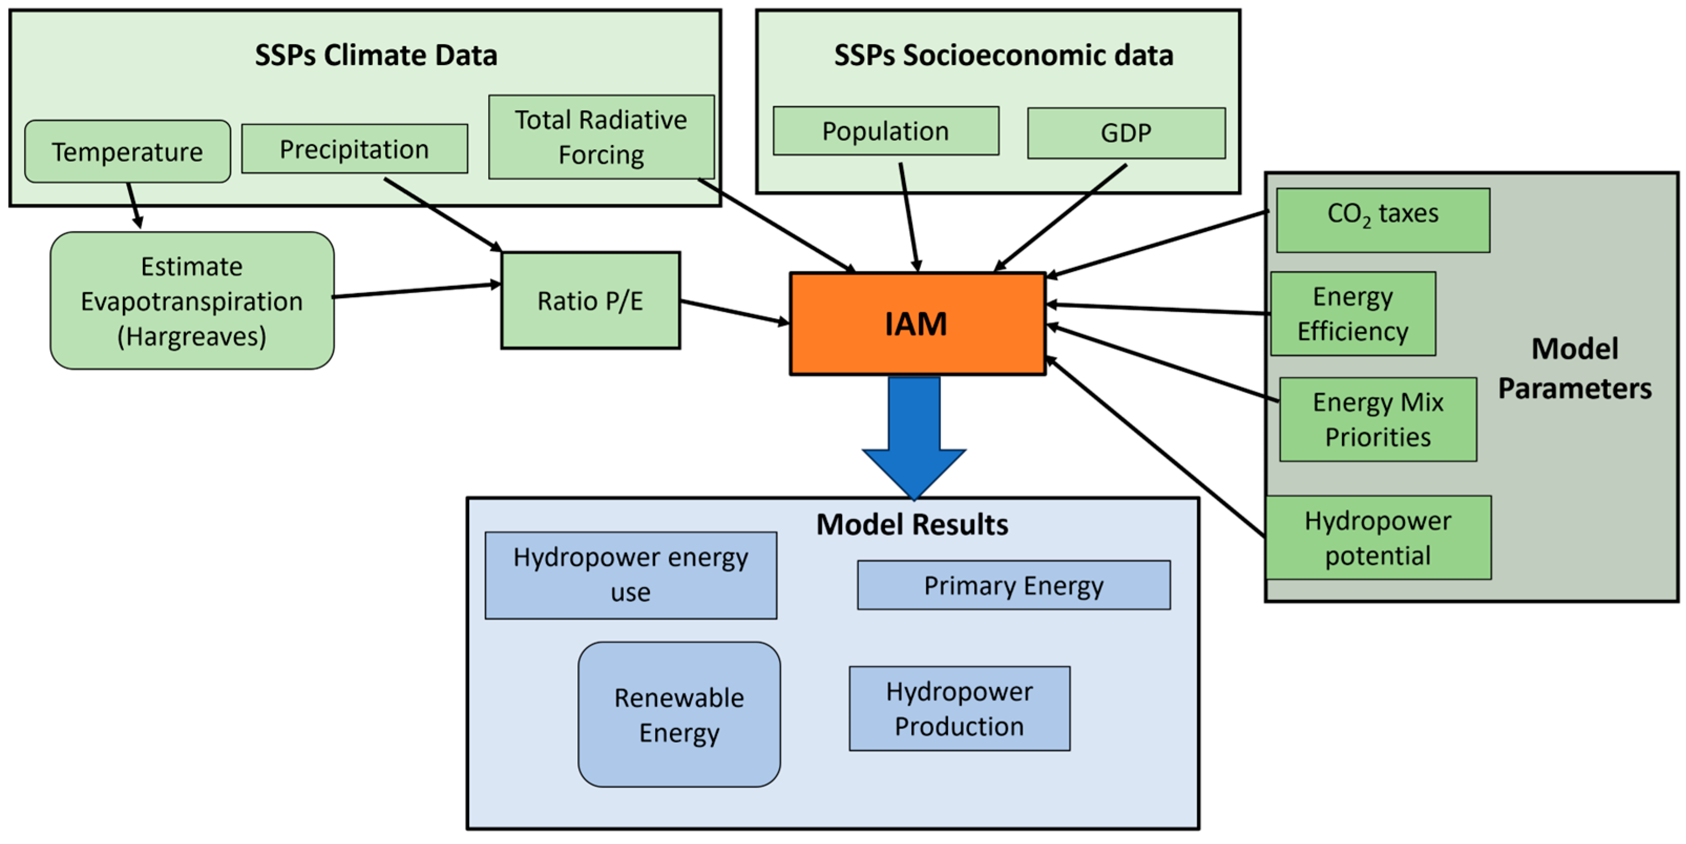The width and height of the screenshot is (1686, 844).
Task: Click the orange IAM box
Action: point(916,323)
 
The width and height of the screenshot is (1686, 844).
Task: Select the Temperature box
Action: point(128,151)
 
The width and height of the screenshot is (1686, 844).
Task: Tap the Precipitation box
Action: point(354,149)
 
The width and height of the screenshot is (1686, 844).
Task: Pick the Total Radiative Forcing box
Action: point(601,137)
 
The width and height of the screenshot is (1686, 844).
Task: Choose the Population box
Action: point(886,131)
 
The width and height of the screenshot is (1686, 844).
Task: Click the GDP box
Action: point(1126,133)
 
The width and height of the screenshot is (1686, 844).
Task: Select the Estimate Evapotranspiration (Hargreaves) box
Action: point(192,300)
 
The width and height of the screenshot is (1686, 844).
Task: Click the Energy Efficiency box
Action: point(1353,313)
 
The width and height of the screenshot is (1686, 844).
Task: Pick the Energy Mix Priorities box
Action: point(1378,419)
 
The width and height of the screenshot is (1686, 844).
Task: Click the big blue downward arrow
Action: point(914,438)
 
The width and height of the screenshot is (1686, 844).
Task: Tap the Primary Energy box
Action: point(1013,585)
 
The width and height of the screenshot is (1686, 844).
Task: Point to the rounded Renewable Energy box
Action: point(679,714)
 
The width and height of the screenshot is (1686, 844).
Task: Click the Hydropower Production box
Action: point(959,708)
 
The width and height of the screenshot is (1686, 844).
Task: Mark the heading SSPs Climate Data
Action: point(376,55)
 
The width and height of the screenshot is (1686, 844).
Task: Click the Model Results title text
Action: point(912,524)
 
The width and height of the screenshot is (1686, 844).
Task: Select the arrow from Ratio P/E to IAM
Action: point(734,312)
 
